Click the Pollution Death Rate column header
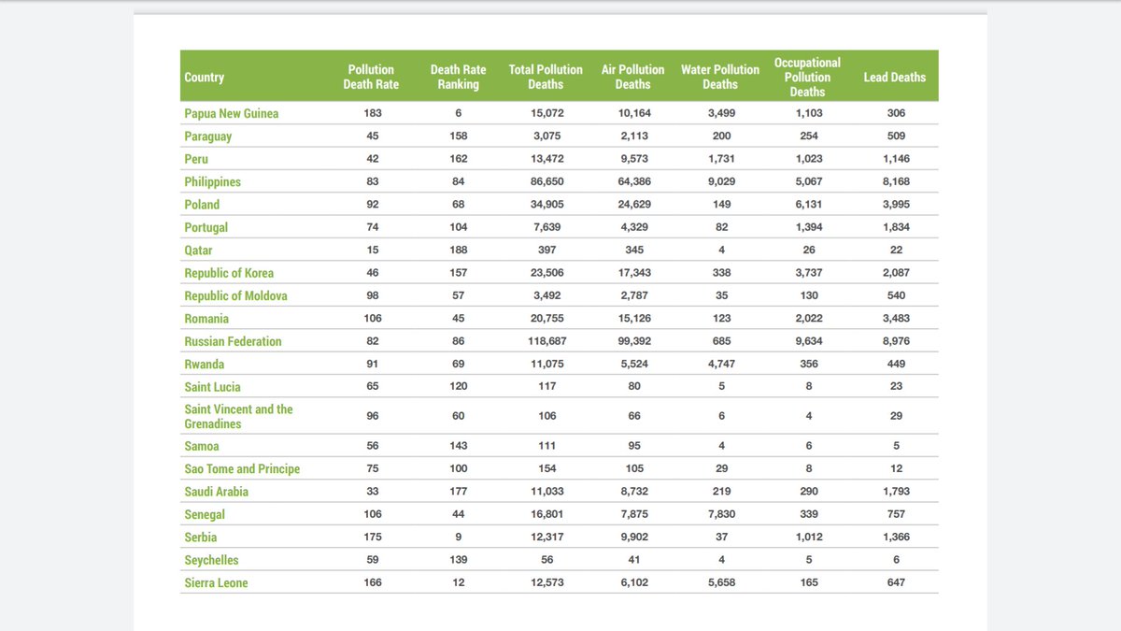coord(371,77)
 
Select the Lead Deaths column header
coord(894,77)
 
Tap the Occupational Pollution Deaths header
coord(807,77)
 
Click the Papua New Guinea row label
coord(232,113)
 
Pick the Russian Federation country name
coord(233,341)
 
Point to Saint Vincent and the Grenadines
coord(238,416)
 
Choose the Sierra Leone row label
coord(216,582)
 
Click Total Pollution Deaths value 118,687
coord(546,341)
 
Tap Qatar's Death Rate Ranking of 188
coord(458,250)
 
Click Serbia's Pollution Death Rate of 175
coord(371,537)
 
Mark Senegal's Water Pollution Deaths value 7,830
coord(719,514)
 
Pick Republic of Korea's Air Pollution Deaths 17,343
coord(632,273)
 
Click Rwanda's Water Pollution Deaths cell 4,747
coord(719,364)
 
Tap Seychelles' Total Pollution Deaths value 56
coord(546,560)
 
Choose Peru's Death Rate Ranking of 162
coord(458,159)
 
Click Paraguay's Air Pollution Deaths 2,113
coord(632,136)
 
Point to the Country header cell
coord(205,77)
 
